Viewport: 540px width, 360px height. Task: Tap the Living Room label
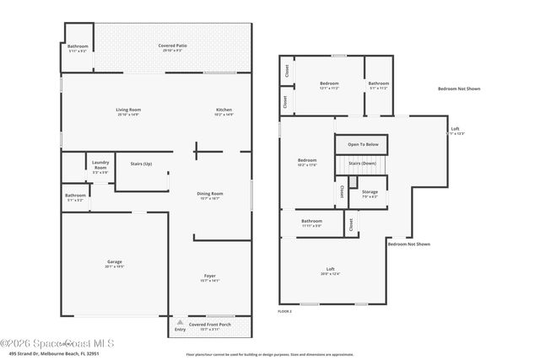pos(128,110)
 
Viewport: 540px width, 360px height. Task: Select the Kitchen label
pos(224,110)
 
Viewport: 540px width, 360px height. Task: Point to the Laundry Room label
pos(100,166)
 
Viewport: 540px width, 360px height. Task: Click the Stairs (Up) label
pos(141,164)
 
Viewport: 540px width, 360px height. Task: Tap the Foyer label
pos(210,277)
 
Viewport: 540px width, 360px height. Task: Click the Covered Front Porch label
pos(209,325)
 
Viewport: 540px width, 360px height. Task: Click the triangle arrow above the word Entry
pos(180,322)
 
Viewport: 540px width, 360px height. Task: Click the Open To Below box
pos(363,145)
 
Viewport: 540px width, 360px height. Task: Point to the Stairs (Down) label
pos(363,163)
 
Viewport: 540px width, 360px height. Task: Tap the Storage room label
pos(370,192)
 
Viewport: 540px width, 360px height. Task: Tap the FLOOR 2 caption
pos(284,312)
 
